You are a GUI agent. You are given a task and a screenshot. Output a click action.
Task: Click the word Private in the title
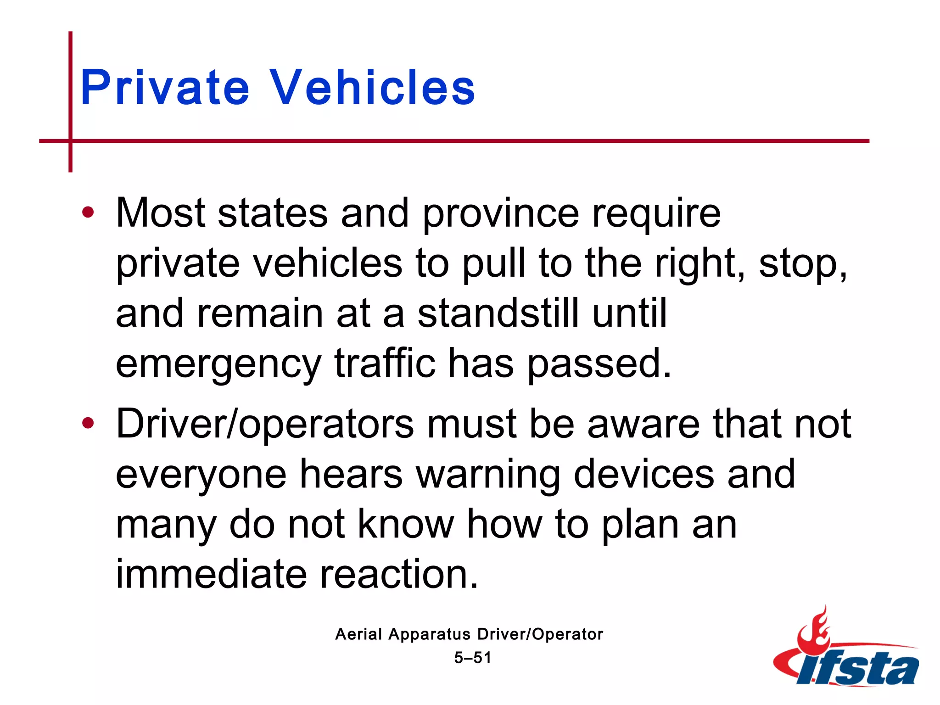point(164,88)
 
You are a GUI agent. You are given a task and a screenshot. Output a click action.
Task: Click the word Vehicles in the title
point(372,88)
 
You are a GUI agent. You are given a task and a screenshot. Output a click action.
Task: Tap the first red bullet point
point(88,213)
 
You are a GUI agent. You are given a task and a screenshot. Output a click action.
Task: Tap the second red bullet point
point(88,423)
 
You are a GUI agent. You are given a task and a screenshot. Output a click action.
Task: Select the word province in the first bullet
point(500,214)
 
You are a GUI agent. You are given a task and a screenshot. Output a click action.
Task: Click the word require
point(656,214)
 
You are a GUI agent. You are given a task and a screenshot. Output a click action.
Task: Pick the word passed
point(599,364)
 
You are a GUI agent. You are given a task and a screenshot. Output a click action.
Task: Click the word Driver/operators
point(265,425)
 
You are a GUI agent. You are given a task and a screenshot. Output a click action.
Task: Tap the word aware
point(643,424)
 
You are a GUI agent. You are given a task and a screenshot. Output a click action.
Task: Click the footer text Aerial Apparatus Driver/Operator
point(469,634)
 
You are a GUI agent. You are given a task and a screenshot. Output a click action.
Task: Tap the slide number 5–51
point(472,658)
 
